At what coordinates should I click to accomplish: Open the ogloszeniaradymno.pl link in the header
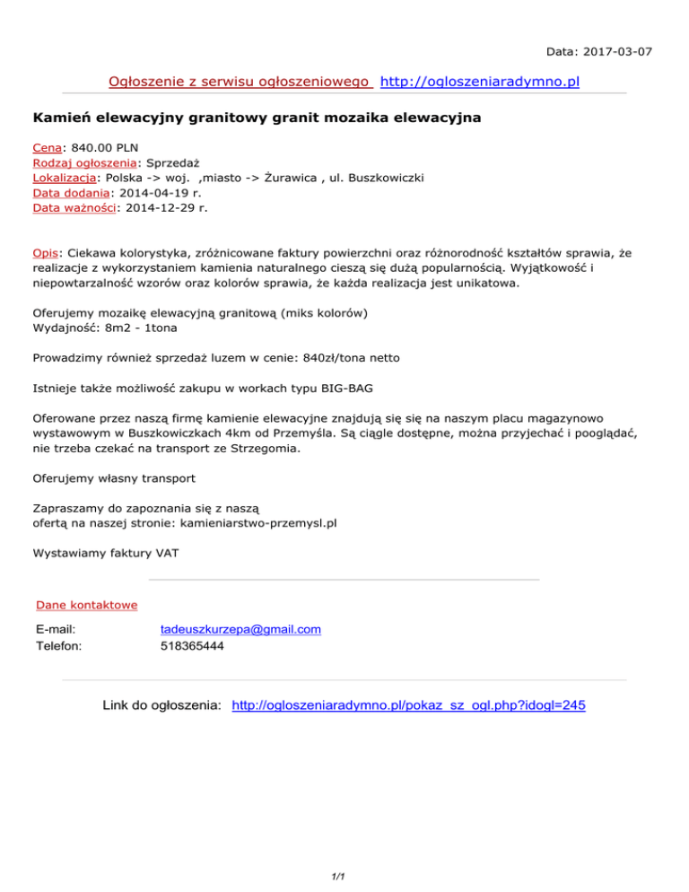480,83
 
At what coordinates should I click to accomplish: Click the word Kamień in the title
60,118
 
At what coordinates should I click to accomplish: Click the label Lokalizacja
64,178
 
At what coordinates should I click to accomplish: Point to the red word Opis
44,253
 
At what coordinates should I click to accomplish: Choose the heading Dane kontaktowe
86,605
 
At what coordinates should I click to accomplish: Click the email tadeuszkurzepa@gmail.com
240,629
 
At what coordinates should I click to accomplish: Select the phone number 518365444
193,644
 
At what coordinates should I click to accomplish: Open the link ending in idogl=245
408,706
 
